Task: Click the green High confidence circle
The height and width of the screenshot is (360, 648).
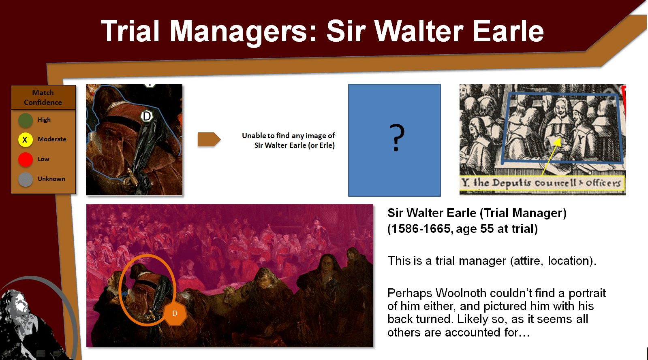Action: click(26, 120)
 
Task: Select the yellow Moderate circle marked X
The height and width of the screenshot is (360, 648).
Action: click(26, 140)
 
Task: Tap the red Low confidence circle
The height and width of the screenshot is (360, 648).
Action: click(26, 160)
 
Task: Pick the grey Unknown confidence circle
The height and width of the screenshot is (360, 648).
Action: click(26, 179)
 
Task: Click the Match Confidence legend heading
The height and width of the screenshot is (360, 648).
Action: click(43, 98)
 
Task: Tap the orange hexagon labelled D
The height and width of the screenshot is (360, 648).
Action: click(175, 313)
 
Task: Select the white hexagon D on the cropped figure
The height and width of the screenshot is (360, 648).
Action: click(147, 116)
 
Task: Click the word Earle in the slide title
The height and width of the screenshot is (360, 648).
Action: click(508, 31)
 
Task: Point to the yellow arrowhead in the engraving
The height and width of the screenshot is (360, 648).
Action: click(558, 142)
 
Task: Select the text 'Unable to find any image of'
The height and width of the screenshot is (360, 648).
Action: click(288, 136)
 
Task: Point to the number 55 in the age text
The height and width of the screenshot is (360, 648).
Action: click(487, 229)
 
